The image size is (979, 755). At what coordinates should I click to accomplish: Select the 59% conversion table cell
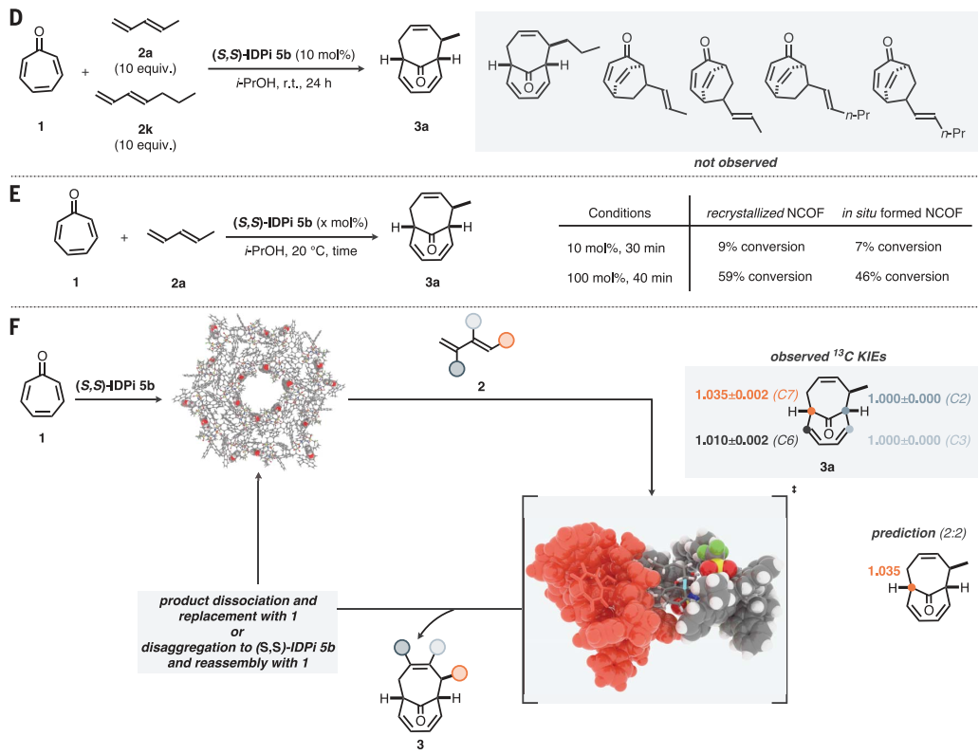point(767,277)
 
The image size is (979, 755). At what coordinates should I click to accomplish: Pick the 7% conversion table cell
point(896,247)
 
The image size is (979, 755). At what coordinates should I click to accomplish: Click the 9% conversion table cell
point(767,247)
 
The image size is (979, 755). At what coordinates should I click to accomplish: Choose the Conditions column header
point(619,212)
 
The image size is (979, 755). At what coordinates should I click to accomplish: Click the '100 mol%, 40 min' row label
point(619,277)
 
